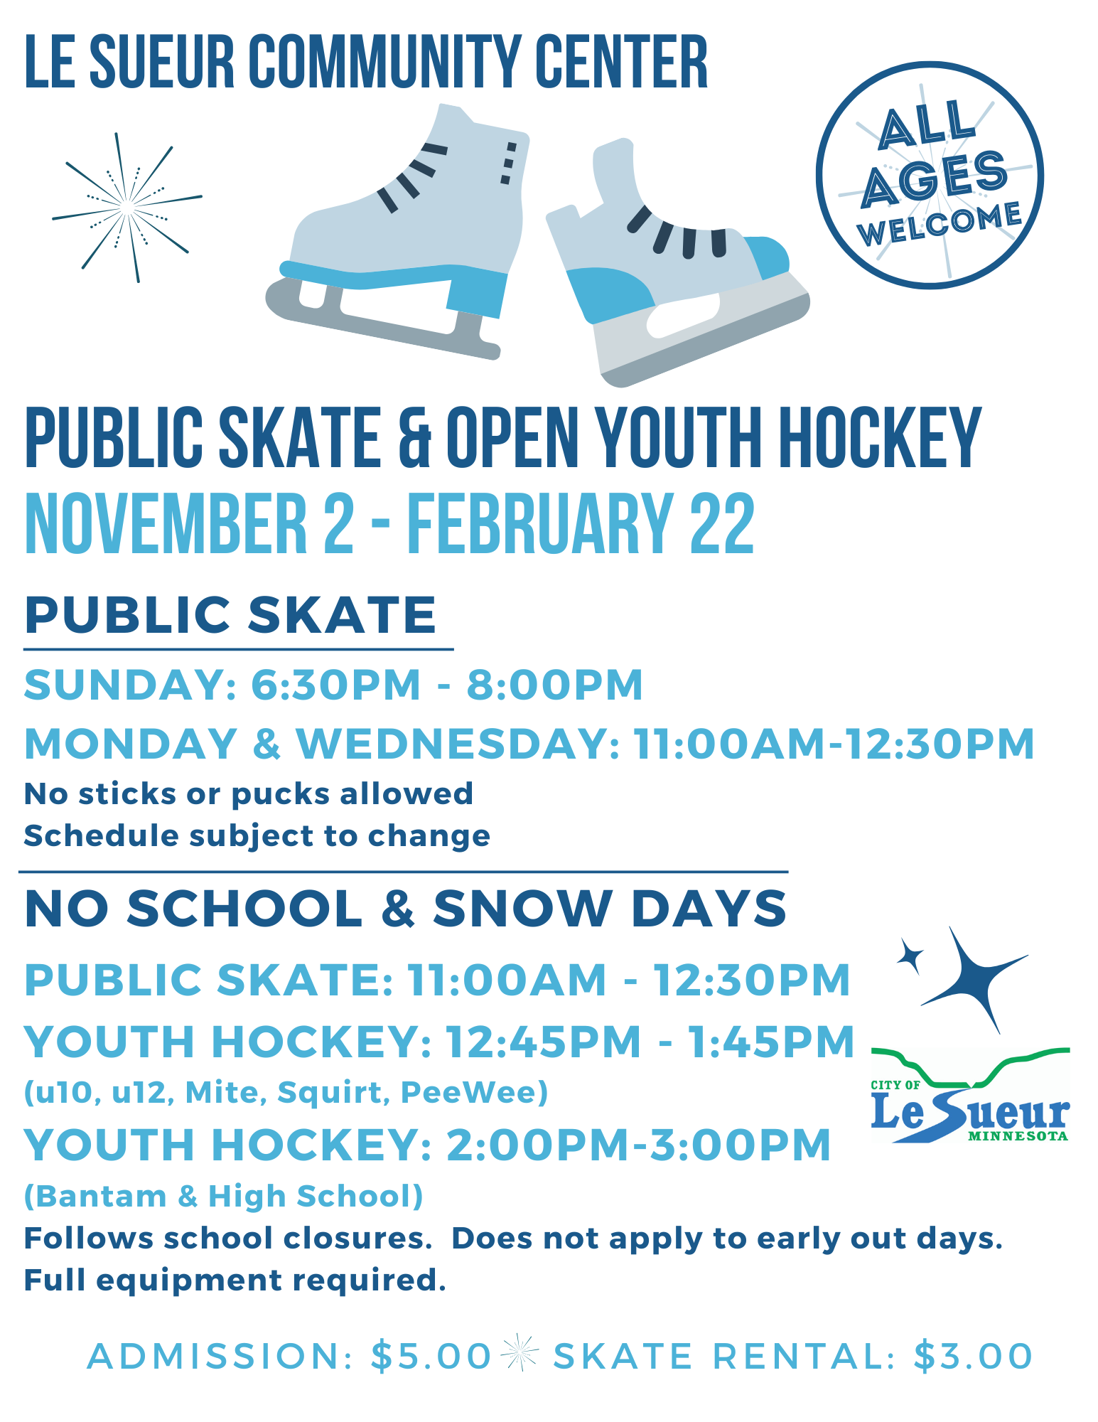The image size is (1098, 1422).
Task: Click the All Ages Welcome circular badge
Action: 930,176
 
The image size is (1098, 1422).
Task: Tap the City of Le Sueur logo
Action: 970,1096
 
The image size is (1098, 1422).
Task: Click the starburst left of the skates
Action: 127,207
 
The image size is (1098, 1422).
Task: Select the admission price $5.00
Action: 431,1356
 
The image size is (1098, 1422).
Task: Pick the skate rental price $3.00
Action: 972,1356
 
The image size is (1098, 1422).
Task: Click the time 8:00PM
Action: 554,685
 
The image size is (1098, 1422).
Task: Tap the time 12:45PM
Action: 544,1042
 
